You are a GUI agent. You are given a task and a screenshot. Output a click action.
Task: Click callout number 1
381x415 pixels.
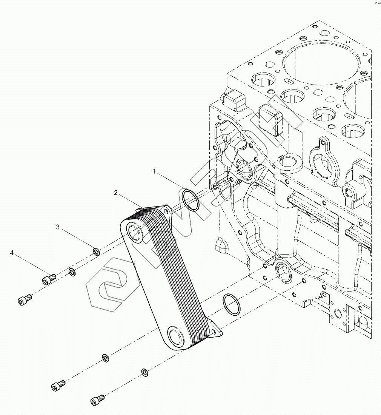pyautogui.click(x=154, y=171)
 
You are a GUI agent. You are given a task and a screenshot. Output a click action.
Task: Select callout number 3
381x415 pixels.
pyautogui.click(x=58, y=227)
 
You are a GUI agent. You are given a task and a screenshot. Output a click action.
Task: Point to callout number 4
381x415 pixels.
pyautogui.click(x=12, y=253)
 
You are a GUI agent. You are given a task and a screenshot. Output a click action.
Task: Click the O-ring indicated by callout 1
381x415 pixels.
pyautogui.click(x=190, y=201)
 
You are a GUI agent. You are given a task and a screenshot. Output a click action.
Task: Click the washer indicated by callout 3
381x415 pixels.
pyautogui.click(x=96, y=251)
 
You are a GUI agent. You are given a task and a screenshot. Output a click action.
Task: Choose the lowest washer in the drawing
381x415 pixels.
pyautogui.click(x=144, y=372)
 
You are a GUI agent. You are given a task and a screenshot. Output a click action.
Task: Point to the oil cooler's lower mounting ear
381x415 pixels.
pyautogui.click(x=217, y=331)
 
